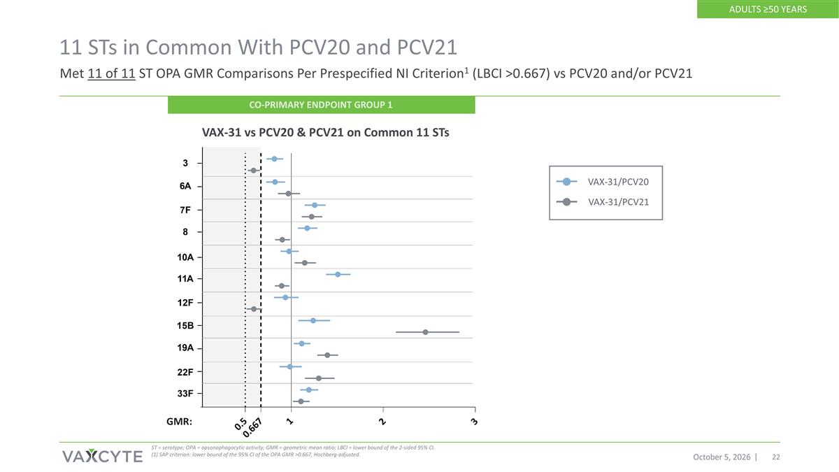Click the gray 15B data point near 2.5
point(425,332)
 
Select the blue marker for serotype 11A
point(338,275)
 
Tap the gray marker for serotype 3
point(253,171)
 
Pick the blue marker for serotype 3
point(274,159)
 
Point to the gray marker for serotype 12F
point(254,309)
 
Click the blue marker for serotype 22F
point(289,366)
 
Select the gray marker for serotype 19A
point(327,355)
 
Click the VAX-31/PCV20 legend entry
point(603,182)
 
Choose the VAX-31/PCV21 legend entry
point(603,202)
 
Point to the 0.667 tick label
point(252,428)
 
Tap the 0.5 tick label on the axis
point(241,424)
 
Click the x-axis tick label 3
point(474,422)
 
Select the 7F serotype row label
point(185,210)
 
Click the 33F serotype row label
point(185,394)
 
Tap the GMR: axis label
point(179,422)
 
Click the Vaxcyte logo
point(102,456)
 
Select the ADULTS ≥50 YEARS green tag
point(768,9)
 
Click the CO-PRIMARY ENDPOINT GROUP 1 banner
point(322,105)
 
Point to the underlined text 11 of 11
point(111,73)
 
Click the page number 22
point(776,457)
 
